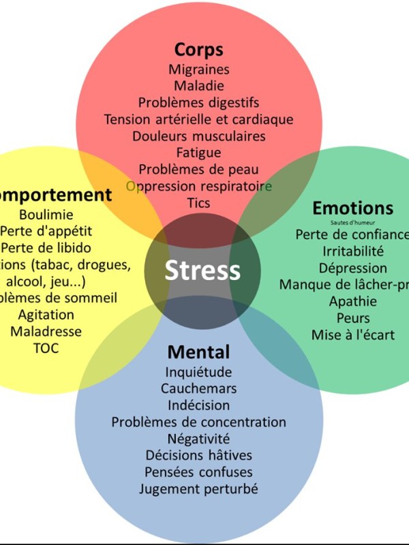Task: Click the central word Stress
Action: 202,270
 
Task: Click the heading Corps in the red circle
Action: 198,50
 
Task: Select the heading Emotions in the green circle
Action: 352,208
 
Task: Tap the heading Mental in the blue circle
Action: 198,352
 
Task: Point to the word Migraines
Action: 199,69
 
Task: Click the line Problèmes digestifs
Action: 198,103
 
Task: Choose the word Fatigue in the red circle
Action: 198,153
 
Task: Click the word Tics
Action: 198,203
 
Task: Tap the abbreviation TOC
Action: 46,348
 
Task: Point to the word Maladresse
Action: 46,332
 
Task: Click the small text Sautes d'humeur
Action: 352,222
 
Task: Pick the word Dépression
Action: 352,268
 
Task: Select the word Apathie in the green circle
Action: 352,301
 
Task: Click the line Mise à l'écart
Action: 352,334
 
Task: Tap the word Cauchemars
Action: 198,388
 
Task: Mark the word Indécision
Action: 198,405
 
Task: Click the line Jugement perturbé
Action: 198,489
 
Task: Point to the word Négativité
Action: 198,439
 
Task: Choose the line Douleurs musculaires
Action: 198,136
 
